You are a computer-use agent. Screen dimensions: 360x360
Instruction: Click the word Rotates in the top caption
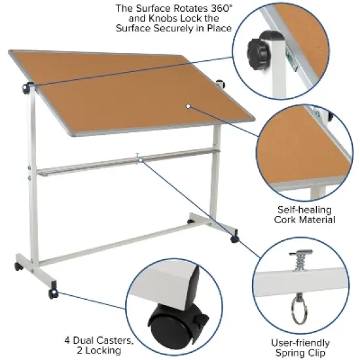[167, 9]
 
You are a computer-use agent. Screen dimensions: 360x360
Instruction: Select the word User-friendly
[300, 343]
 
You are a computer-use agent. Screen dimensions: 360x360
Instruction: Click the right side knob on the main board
[221, 83]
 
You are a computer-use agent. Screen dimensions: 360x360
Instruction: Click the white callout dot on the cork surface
[187, 104]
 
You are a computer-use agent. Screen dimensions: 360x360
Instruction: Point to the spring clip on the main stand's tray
[139, 156]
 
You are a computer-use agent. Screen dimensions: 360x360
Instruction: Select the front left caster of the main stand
[52, 294]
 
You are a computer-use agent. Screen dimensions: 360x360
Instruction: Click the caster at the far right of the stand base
[235, 240]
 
